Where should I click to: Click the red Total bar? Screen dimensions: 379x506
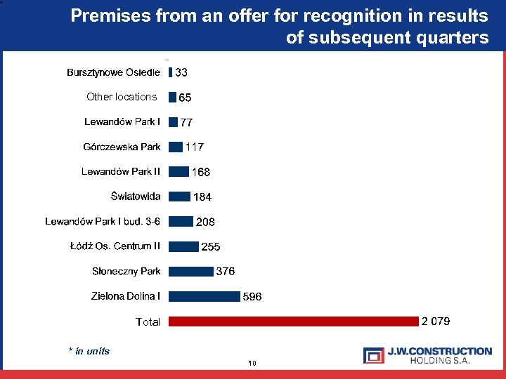pyautogui.click(x=294, y=321)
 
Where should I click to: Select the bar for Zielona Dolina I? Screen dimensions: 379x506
pyautogui.click(x=205, y=296)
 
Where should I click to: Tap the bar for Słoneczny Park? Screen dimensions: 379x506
pyautogui.click(x=191, y=272)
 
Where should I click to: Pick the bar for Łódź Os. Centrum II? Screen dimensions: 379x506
pyautogui.click(x=183, y=246)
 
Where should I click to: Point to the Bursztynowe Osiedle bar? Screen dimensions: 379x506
pyautogui.click(x=170, y=72)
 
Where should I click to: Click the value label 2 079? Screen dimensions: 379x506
pyautogui.click(x=436, y=321)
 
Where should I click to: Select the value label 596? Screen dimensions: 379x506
pyautogui.click(x=252, y=297)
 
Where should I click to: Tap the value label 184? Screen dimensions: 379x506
pyautogui.click(x=202, y=197)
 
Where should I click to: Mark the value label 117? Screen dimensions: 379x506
pyautogui.click(x=195, y=147)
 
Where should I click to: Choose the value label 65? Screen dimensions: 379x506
pyautogui.click(x=185, y=98)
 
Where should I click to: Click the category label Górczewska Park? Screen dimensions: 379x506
pyautogui.click(x=122, y=147)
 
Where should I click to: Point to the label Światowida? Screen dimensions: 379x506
pyautogui.click(x=135, y=197)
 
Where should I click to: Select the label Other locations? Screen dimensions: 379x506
pyautogui.click(x=122, y=97)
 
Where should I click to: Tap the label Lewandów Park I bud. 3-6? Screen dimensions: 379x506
pyautogui.click(x=103, y=222)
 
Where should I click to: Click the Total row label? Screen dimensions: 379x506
pyautogui.click(x=148, y=322)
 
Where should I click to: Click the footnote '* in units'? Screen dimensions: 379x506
pyautogui.click(x=89, y=351)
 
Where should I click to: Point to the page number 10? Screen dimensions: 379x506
pyautogui.click(x=253, y=363)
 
